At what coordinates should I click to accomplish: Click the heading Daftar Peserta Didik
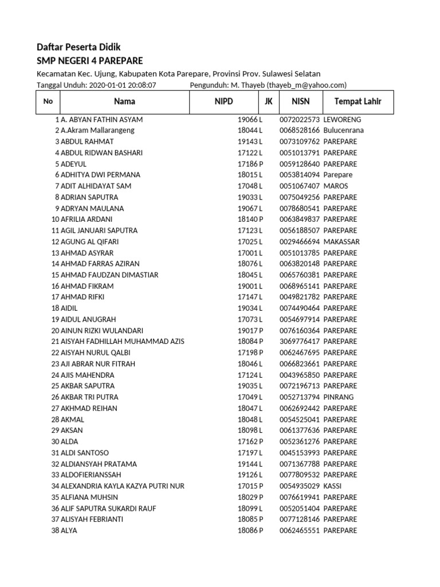coord(78,47)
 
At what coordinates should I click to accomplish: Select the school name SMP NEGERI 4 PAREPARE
coord(90,61)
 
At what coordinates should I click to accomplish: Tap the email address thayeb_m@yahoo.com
coord(308,85)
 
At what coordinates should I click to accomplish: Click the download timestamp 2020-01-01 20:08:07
coord(123,85)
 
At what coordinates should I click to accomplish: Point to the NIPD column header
coord(224,102)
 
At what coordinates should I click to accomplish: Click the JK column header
coord(268,102)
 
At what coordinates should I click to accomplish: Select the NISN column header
coord(300,102)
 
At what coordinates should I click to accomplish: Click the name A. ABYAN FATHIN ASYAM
coord(101,120)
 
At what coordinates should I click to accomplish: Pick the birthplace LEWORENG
coord(342,120)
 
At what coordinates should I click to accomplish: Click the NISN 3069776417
coord(300,342)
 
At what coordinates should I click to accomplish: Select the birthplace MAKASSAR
coord(341,242)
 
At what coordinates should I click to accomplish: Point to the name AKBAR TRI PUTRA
coord(89,397)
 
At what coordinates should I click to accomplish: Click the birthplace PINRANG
coord(339,397)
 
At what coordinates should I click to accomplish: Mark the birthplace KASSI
coord(333,486)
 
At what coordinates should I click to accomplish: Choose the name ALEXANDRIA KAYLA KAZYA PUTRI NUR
coord(123,486)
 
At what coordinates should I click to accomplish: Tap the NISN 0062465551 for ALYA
coord(300,531)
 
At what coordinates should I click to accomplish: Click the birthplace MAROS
coord(336,186)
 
